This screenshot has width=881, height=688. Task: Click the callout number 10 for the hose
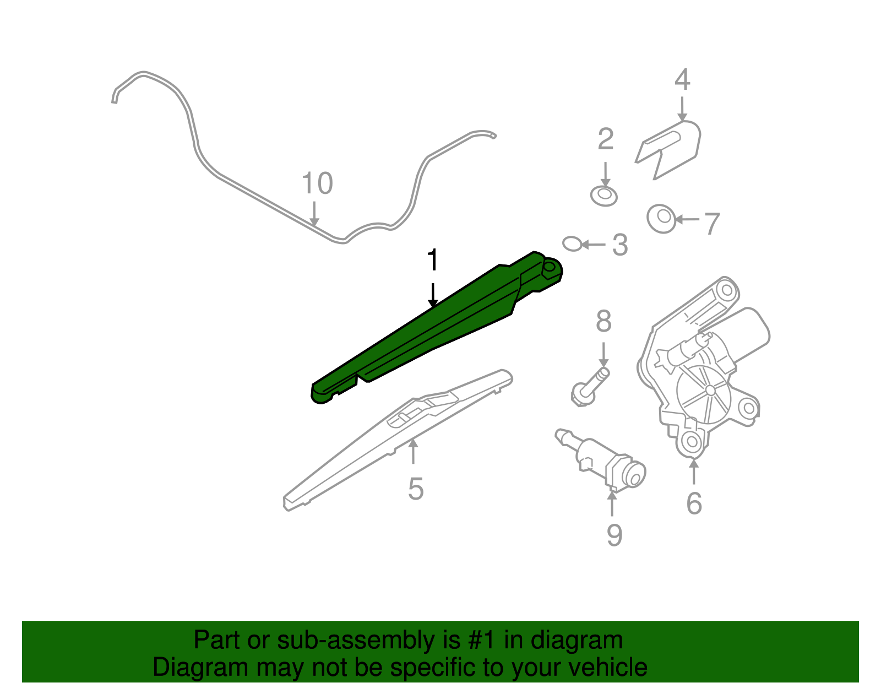(317, 183)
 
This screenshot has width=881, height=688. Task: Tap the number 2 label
(606, 139)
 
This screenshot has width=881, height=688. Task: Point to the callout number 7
(712, 224)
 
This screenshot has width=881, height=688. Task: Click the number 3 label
(620, 245)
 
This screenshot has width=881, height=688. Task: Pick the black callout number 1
(433, 259)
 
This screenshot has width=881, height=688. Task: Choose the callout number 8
(603, 321)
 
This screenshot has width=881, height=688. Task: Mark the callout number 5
(416, 489)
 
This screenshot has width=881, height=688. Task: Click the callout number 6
(694, 503)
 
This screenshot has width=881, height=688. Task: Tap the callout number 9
(614, 535)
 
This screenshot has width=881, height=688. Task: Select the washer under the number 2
(603, 196)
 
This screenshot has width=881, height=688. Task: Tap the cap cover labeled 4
(668, 150)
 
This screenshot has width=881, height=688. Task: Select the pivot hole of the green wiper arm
(550, 267)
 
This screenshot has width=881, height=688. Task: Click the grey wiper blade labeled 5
(398, 440)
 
